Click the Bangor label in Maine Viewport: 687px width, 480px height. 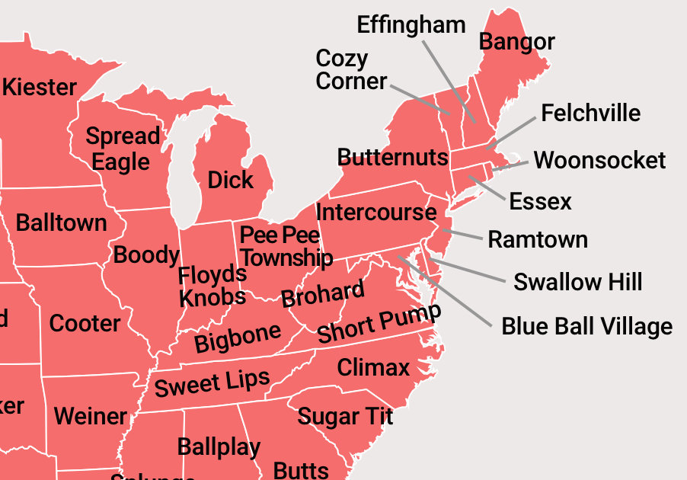516,42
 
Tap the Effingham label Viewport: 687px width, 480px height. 411,24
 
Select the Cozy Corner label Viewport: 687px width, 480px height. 351,69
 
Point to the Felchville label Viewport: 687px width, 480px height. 590,114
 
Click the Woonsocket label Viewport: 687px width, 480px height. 599,161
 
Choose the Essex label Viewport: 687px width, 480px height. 540,201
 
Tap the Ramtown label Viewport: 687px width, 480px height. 538,239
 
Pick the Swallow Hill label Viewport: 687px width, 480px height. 578,282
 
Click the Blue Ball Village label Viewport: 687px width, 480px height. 586,327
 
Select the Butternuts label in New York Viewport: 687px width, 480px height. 392,158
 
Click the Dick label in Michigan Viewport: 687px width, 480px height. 230,181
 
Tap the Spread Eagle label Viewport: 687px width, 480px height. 122,149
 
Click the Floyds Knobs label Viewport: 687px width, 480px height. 212,285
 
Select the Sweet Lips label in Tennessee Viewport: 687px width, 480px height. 212,382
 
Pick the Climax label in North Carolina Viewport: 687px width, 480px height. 373,368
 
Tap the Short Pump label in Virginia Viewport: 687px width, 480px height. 379,325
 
